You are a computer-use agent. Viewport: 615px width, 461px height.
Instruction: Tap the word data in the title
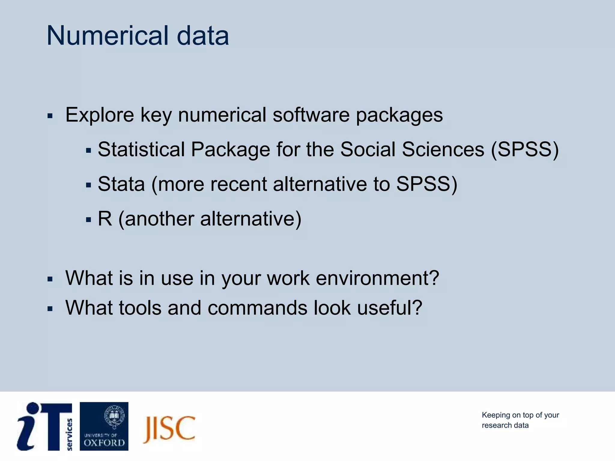point(203,36)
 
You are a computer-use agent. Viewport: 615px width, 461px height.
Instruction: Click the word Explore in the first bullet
point(100,115)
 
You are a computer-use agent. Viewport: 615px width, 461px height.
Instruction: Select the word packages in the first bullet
point(399,116)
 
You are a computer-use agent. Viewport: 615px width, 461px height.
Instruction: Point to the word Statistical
point(141,149)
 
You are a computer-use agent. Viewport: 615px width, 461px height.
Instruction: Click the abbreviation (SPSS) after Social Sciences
point(525,149)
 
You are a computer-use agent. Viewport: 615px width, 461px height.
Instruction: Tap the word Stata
point(121,184)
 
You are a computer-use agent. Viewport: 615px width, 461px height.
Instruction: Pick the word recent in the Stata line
point(238,184)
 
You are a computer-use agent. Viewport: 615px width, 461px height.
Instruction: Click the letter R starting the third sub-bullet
point(105,218)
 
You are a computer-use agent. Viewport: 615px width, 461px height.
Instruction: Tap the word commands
point(257,308)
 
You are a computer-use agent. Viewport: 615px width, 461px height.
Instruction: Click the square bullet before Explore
point(50,116)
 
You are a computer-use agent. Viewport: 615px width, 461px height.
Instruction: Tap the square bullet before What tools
point(50,309)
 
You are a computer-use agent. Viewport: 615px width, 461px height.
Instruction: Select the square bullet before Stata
point(88,185)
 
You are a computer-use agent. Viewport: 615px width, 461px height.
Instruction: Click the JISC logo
point(169,429)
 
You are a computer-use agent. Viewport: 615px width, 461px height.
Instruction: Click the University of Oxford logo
point(104,426)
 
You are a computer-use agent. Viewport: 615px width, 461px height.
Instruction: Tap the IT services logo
point(44,426)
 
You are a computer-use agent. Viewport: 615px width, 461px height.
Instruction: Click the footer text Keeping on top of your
point(520,415)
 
